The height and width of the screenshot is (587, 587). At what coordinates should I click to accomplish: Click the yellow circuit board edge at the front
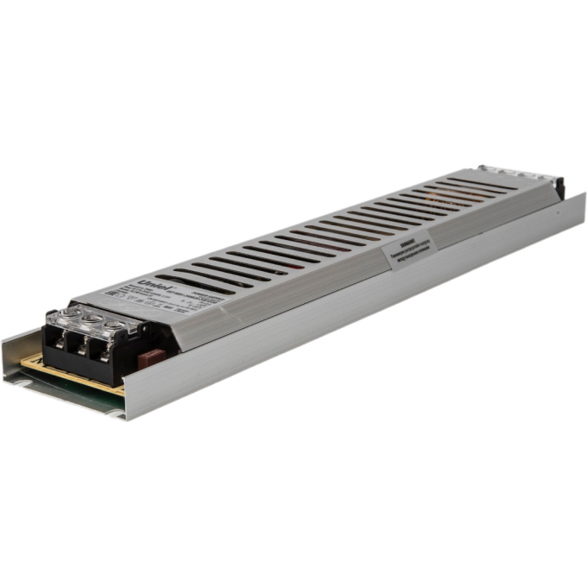tap(69, 374)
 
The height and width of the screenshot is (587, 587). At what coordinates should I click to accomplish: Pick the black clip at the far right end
tap(559, 187)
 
